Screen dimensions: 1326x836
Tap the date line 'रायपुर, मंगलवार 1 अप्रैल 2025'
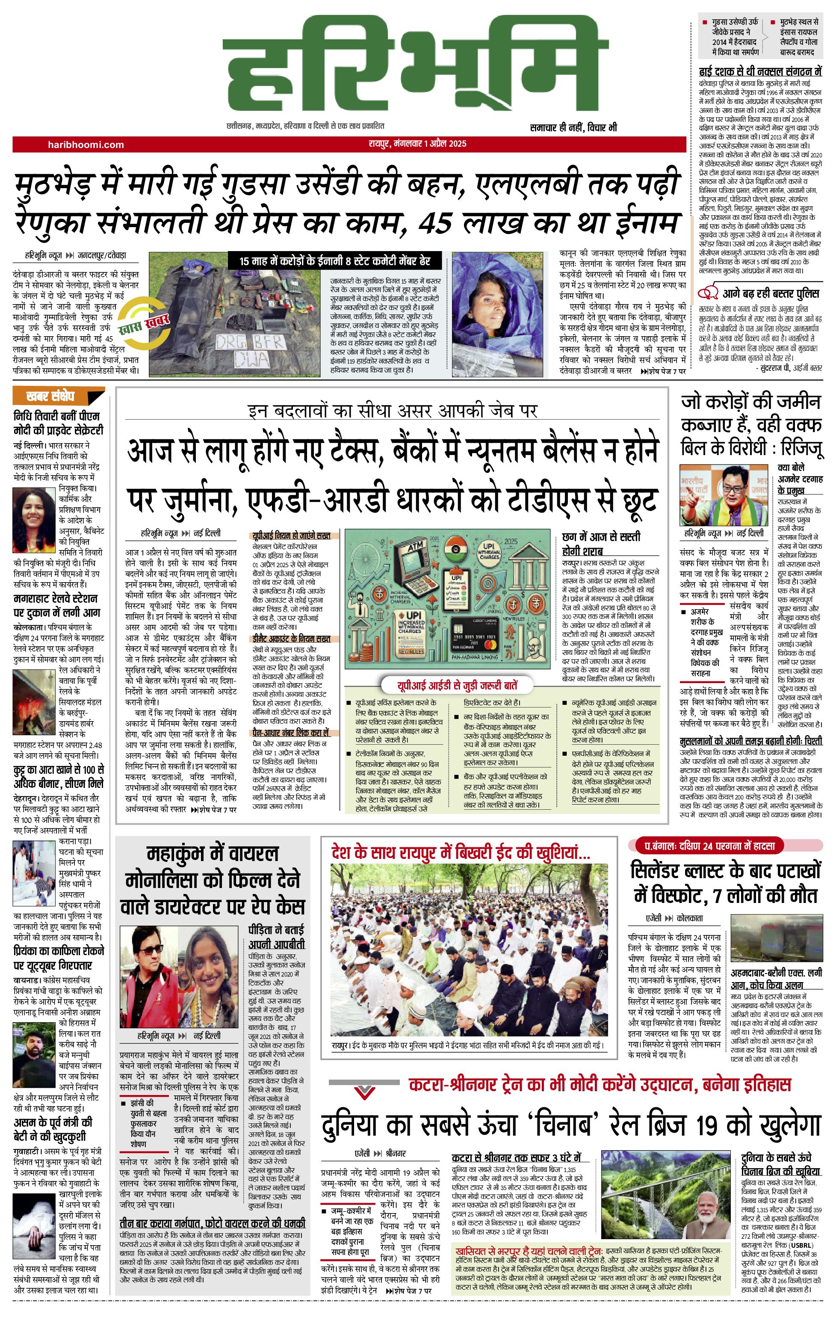click(x=417, y=144)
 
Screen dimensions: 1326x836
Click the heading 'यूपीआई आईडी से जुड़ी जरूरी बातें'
click(x=458, y=686)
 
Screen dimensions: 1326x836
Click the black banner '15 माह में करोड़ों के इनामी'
click(x=335, y=261)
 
